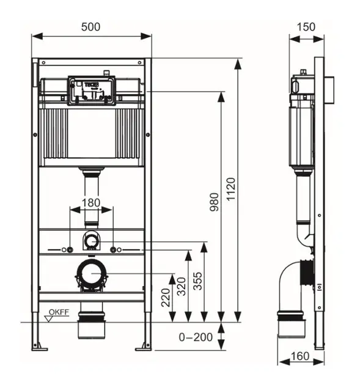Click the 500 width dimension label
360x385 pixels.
pyautogui.click(x=90, y=26)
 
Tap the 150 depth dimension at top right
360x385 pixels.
pyautogui.click(x=306, y=26)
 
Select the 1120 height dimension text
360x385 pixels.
pyautogui.click(x=230, y=190)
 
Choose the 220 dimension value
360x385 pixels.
pyautogui.click(x=165, y=298)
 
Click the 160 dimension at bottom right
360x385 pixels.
pyautogui.click(x=298, y=355)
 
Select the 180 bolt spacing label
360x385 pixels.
pyautogui.click(x=91, y=202)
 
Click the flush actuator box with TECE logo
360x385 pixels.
pyautogui.click(x=92, y=89)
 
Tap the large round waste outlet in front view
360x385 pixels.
pyautogui.click(x=91, y=273)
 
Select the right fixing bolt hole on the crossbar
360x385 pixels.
pyautogui.click(x=113, y=250)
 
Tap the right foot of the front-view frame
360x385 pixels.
pyautogui.click(x=147, y=345)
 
